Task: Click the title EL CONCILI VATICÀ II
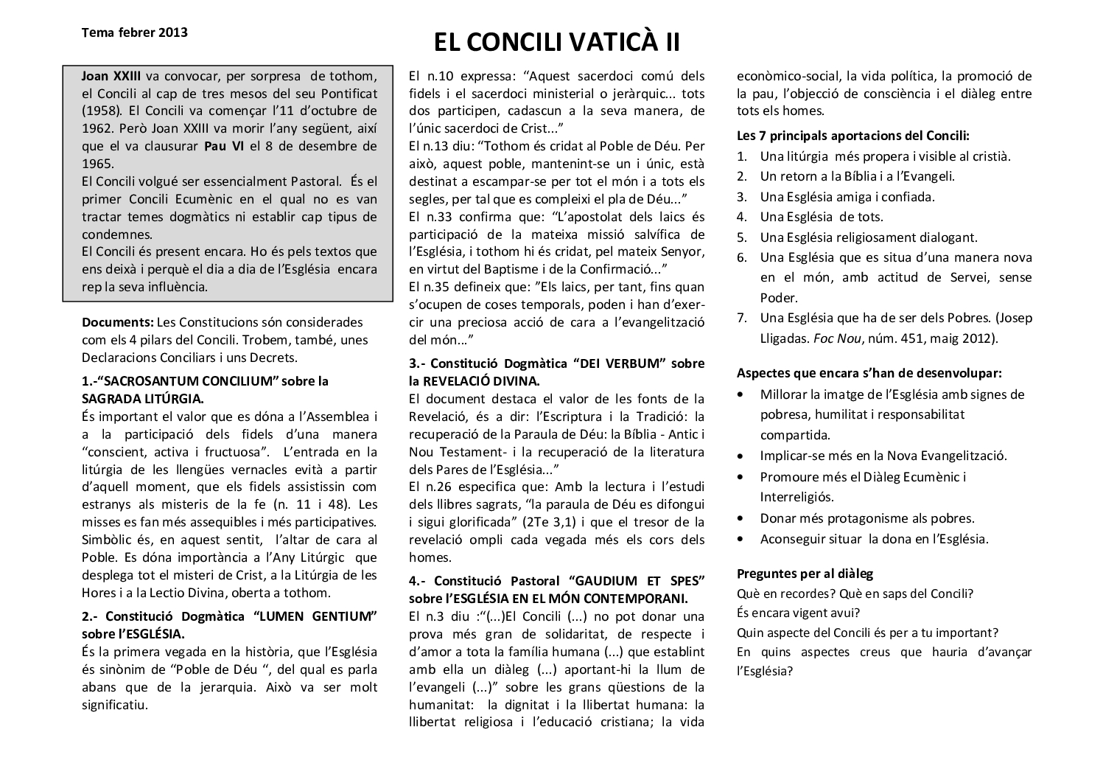point(556,43)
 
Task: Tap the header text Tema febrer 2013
point(135,32)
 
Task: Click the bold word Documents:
point(118,323)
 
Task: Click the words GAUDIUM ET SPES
point(636,579)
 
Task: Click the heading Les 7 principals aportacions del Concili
point(853,136)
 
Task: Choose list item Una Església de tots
point(822,217)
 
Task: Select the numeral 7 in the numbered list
point(743,318)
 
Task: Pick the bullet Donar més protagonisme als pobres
point(867,518)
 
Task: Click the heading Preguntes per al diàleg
point(805,574)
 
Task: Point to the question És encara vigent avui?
point(798,613)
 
